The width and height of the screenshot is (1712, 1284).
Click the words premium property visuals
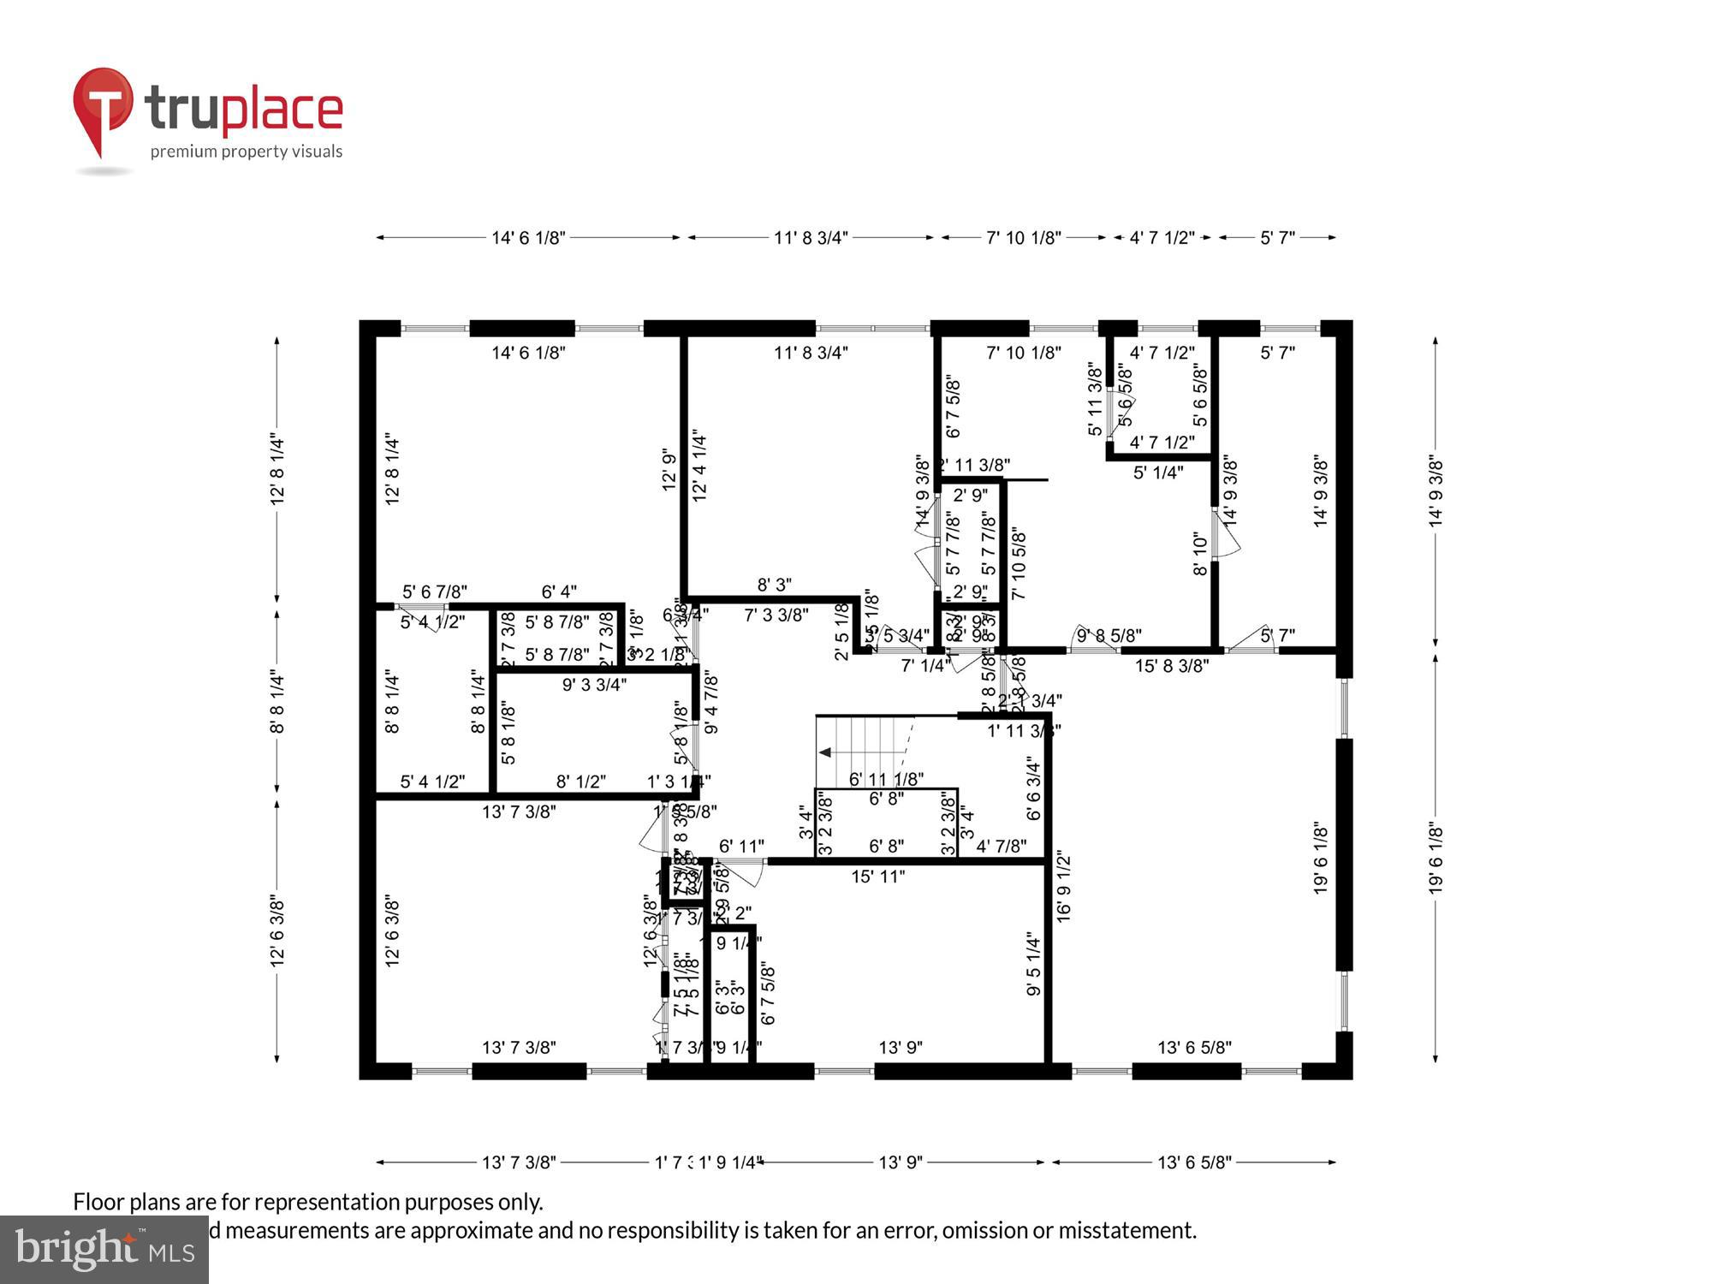pos(247,152)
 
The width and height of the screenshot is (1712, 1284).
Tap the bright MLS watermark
pos(104,1250)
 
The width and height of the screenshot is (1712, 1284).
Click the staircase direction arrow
pos(827,752)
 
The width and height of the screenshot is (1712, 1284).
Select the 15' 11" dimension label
pos(877,877)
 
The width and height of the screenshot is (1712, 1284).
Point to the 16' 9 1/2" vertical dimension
pos(1063,886)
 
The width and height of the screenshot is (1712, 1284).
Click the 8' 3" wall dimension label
pos(774,585)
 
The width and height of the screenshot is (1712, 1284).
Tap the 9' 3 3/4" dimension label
pos(594,685)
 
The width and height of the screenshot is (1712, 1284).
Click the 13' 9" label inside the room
pos(901,1047)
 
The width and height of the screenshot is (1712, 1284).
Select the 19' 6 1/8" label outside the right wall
pos(1436,859)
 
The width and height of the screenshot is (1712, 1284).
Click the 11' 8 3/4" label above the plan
pos(811,238)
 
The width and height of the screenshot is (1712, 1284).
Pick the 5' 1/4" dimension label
pos(1158,473)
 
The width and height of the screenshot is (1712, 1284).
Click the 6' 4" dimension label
pos(559,591)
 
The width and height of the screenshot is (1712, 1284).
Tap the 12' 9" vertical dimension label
pos(669,470)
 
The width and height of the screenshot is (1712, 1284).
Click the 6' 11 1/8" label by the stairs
pos(886,779)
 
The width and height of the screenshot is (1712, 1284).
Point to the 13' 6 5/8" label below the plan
pos(1194,1162)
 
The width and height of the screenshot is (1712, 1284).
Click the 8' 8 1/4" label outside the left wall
pos(276,702)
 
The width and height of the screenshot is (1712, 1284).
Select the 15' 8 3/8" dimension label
pos(1171,666)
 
